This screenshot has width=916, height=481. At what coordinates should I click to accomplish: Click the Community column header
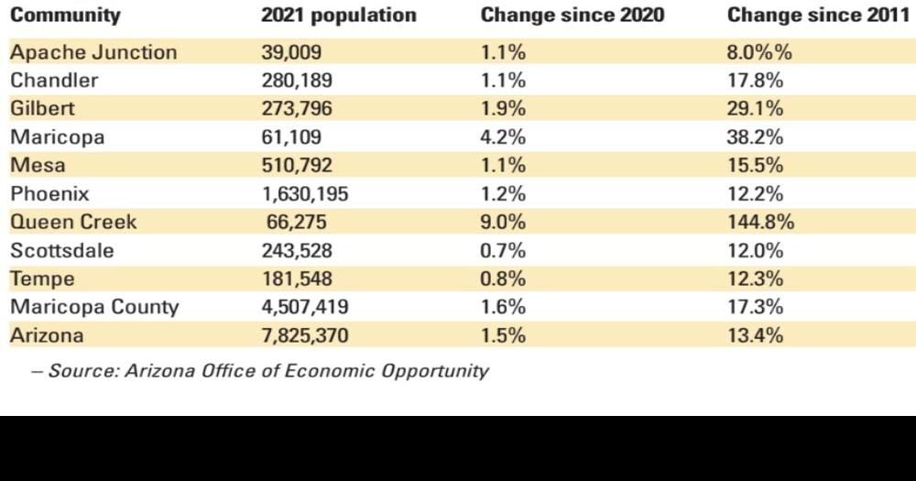point(65,16)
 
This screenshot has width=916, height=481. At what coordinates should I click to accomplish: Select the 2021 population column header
point(338,16)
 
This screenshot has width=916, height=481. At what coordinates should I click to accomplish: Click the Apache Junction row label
point(93,52)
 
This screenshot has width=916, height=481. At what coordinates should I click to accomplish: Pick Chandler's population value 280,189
point(297,81)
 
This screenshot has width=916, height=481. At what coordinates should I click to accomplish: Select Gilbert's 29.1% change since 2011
point(755,109)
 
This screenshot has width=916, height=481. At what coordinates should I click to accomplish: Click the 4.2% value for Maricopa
point(503,137)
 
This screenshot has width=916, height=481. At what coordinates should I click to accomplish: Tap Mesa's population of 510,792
point(297,166)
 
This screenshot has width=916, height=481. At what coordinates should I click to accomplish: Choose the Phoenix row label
point(49,194)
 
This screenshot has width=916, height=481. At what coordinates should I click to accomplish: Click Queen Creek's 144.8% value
point(760,223)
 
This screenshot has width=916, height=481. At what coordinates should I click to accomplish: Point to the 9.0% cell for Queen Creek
point(503,223)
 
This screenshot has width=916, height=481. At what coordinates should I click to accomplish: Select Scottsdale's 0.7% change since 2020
point(503,251)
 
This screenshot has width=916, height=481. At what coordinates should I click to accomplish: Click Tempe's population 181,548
point(297,279)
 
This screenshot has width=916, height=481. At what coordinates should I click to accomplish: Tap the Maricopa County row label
point(94,307)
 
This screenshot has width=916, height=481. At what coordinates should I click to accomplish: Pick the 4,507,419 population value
point(304,307)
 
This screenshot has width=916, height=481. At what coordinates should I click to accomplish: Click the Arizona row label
point(47,335)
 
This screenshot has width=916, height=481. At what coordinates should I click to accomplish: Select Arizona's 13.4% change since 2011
point(755,335)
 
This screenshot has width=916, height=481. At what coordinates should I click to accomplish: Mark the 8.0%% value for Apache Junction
point(759,52)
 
